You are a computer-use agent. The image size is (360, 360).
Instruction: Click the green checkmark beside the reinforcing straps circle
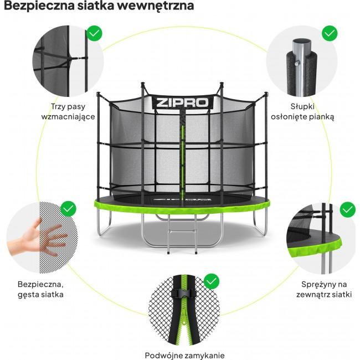95,33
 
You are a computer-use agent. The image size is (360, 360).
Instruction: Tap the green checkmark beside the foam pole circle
330,33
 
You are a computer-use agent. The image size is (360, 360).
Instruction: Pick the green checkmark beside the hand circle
69,209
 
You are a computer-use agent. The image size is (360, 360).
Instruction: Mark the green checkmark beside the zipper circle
212,281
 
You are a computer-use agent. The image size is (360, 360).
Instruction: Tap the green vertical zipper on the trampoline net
182,155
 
